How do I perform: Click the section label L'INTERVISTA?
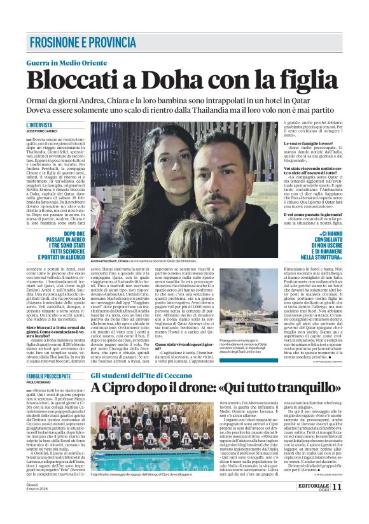39,125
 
